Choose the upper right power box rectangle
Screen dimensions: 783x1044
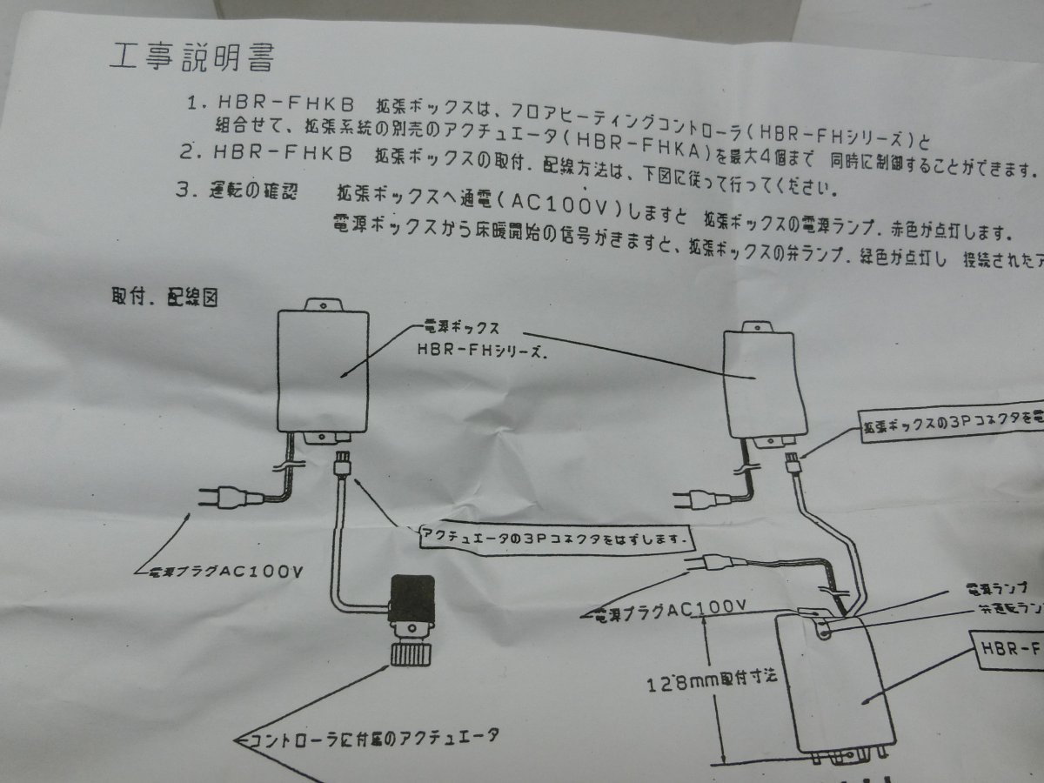point(761,383)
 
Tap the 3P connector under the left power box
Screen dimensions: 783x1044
point(342,460)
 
